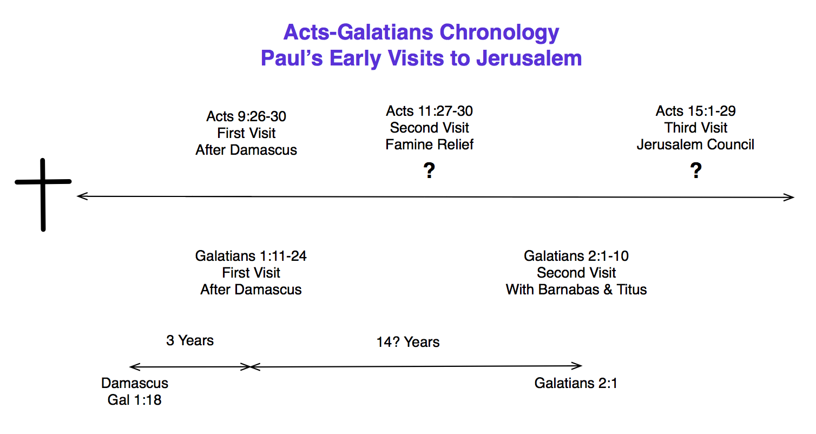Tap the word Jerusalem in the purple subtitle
tap(529, 58)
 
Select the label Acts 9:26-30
tap(246, 116)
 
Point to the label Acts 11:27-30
tap(430, 111)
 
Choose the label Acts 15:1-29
tap(696, 111)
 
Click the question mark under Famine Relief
tap(429, 170)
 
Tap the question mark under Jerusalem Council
tap(696, 170)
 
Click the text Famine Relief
tap(430, 144)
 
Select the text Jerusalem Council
tap(695, 144)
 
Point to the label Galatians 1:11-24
tap(251, 256)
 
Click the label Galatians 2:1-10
tap(576, 256)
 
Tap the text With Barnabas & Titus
tap(576, 290)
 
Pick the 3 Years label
tap(190, 340)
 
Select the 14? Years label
tap(408, 342)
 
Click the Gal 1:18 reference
tap(134, 400)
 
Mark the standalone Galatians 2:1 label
tap(576, 383)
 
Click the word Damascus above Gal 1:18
tap(135, 383)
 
